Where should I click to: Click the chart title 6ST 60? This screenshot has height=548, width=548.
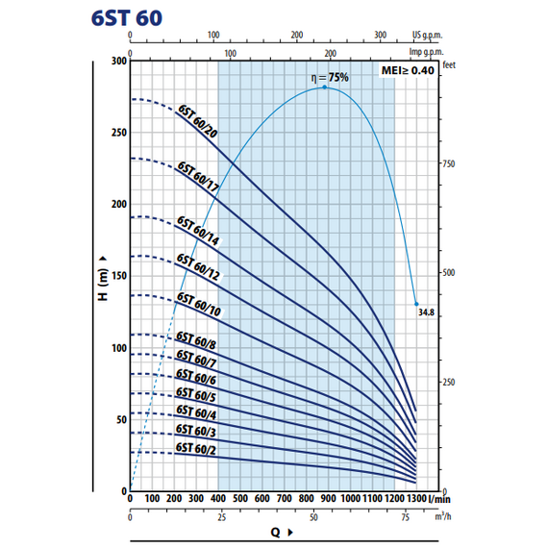[127, 18]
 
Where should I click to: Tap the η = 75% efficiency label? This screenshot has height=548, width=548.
[330, 77]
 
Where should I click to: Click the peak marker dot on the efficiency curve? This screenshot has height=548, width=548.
[324, 87]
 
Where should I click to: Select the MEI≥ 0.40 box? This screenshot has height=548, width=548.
[408, 70]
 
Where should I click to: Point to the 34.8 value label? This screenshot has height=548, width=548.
[426, 312]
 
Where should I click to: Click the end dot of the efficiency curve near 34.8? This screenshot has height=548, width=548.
[416, 304]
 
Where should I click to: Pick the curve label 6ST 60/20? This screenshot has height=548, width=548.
[197, 121]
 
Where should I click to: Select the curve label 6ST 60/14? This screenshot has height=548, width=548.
[198, 231]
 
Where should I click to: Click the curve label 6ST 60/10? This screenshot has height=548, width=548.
[198, 304]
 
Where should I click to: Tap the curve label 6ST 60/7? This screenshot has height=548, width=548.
[196, 359]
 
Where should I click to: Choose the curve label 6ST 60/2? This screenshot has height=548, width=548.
[196, 449]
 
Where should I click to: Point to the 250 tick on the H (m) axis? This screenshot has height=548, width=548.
[119, 133]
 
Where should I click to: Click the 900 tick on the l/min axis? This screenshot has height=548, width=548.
[328, 498]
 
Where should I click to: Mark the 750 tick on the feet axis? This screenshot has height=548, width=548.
[449, 163]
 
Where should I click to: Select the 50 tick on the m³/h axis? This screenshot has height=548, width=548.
[313, 517]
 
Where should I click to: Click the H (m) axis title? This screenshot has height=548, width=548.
[103, 279]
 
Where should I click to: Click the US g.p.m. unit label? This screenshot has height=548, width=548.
[427, 35]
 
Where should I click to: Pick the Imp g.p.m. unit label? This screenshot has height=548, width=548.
[426, 52]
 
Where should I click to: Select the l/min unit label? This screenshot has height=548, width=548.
[439, 499]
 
